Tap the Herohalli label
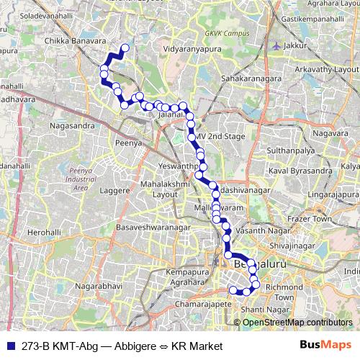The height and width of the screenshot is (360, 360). tap(44, 233)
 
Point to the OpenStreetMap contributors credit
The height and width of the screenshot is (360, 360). tap(298, 322)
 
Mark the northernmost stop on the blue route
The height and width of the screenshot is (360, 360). tap(125, 48)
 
